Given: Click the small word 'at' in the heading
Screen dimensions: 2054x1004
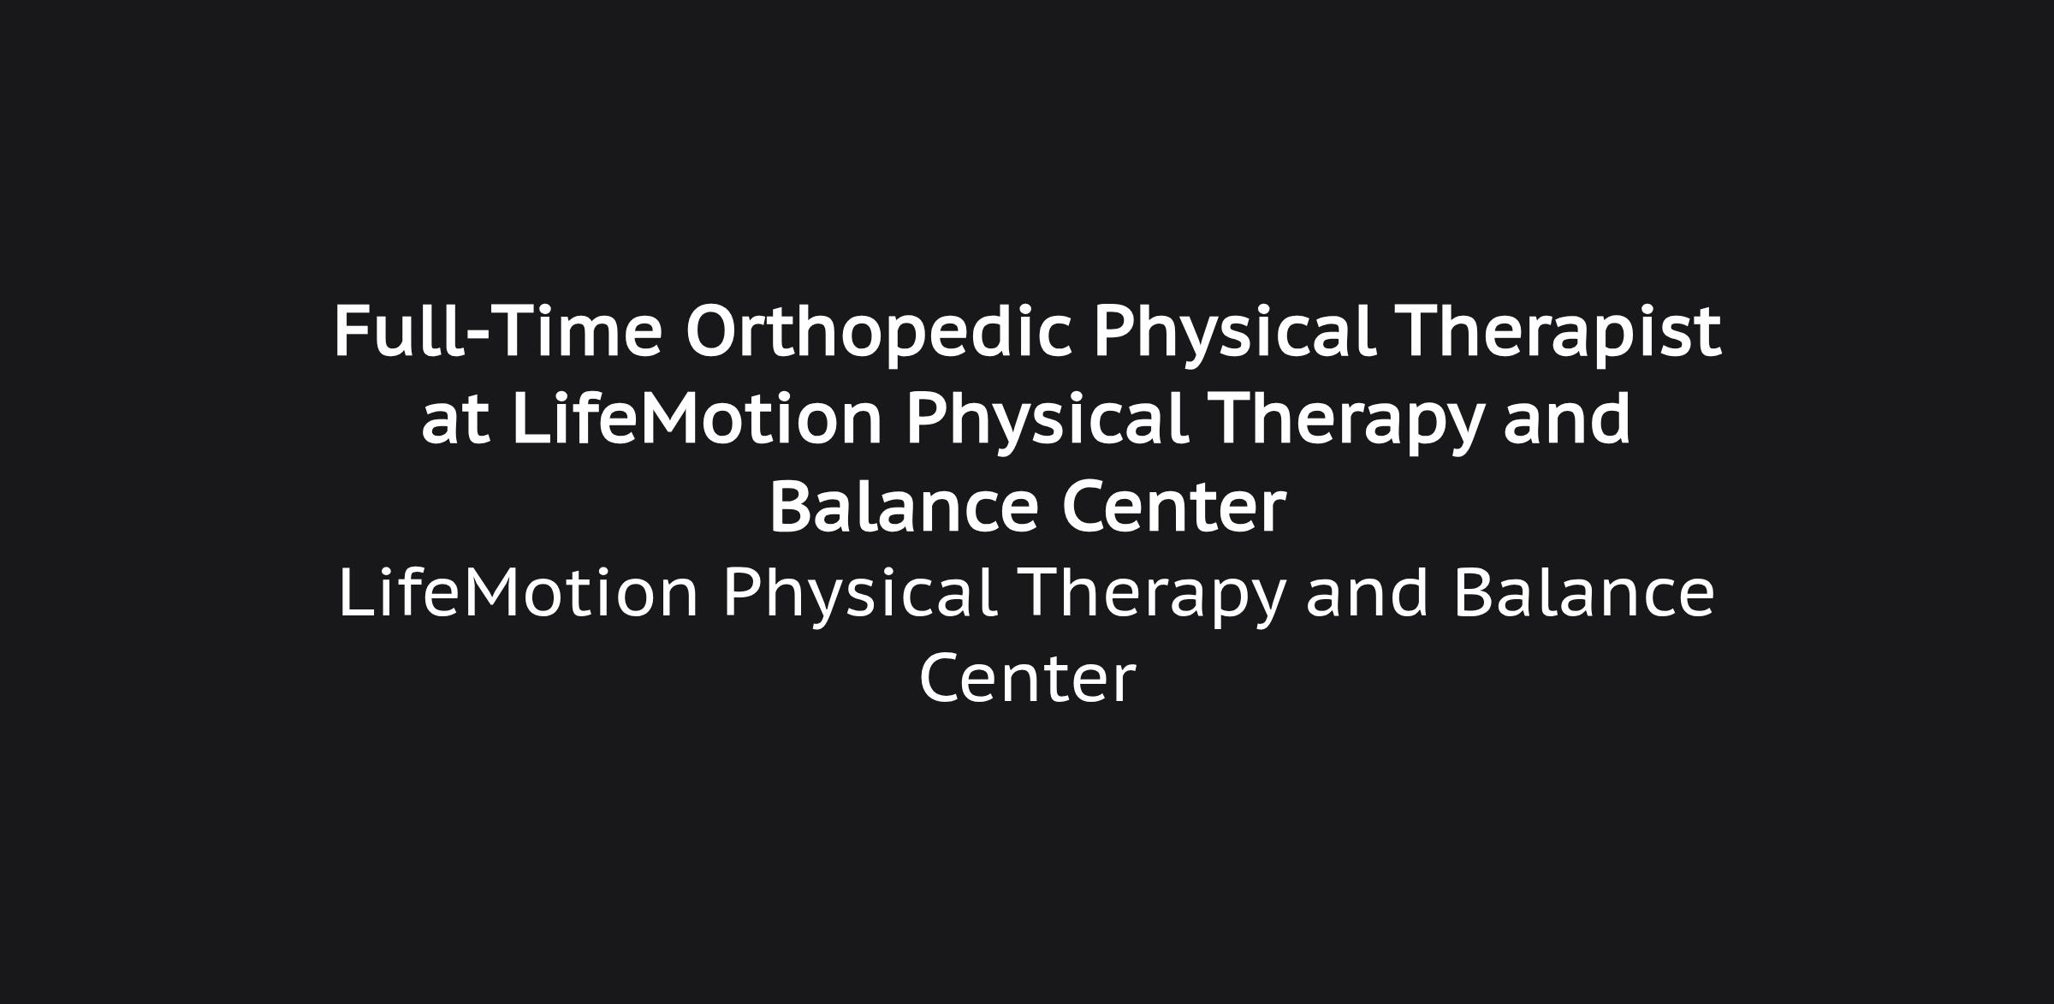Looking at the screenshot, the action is click(x=455, y=421).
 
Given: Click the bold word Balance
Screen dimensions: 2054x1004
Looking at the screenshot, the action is click(x=905, y=506).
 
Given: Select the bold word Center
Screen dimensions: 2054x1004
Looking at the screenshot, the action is click(x=1173, y=506).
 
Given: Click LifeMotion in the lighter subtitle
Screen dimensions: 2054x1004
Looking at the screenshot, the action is click(x=519, y=592).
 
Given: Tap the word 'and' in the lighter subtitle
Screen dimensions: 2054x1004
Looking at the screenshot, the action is click(x=1368, y=592).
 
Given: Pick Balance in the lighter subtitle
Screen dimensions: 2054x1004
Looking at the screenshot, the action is click(x=1584, y=592).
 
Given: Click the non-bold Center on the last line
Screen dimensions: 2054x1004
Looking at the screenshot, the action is click(x=1027, y=679).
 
